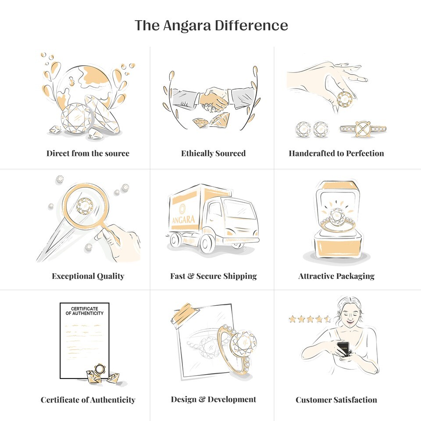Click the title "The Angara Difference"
(211, 25)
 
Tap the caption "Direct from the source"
(88, 153)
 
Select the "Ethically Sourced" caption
(213, 153)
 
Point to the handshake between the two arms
(214, 100)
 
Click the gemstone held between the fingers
(345, 100)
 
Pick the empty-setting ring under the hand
(363, 129)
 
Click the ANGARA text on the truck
(184, 220)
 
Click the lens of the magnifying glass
(85, 205)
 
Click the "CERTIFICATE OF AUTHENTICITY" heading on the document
(85, 311)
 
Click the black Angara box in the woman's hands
(343, 349)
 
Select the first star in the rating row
(293, 319)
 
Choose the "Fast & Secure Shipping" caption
(214, 276)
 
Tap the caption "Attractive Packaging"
(336, 276)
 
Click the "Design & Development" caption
(214, 399)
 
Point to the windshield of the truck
(240, 210)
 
